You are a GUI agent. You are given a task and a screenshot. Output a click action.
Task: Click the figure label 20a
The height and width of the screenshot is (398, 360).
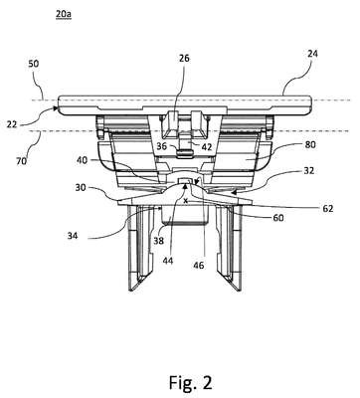click(x=64, y=14)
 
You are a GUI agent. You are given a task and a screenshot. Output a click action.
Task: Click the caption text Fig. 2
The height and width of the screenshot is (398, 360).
click(x=191, y=382)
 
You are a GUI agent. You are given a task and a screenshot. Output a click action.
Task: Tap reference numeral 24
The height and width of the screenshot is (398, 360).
click(x=312, y=54)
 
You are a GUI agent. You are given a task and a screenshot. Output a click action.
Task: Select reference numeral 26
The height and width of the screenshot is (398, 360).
click(x=184, y=59)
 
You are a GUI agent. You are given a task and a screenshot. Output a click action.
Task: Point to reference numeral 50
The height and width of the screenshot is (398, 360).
click(x=33, y=64)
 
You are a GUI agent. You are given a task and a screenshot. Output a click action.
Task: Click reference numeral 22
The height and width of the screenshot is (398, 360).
click(x=12, y=124)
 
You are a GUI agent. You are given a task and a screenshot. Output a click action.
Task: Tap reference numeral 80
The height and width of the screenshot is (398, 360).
click(x=310, y=144)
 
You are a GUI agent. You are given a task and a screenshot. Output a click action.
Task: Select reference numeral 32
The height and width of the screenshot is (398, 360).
click(x=308, y=171)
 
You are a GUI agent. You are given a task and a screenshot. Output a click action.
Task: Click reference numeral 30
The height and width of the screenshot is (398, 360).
click(x=82, y=187)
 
